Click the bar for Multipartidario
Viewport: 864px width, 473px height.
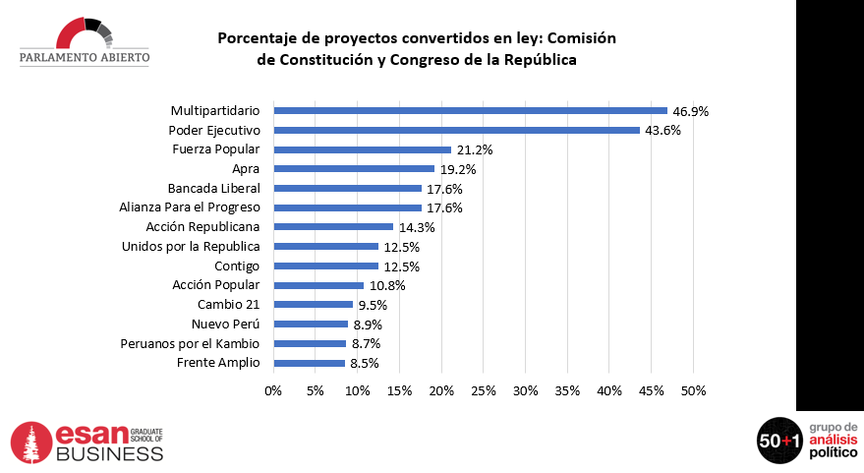470,110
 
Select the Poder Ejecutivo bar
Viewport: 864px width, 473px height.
456,130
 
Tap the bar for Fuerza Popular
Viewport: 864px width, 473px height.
362,149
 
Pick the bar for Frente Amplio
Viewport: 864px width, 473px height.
309,363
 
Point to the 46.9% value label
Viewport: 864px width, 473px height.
690,111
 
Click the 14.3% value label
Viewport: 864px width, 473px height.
416,227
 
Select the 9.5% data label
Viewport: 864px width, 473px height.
374,305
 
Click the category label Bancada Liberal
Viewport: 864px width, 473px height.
213,188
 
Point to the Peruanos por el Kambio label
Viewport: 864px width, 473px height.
190,343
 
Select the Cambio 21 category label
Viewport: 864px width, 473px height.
229,305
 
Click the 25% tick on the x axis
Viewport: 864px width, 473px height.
484,390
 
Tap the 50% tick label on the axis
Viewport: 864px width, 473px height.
693,390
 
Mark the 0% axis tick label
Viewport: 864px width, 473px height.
273,390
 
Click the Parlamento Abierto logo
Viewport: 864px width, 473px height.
85,42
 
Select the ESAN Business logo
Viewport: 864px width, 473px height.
86,443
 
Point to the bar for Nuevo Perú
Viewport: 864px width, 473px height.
311,325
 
